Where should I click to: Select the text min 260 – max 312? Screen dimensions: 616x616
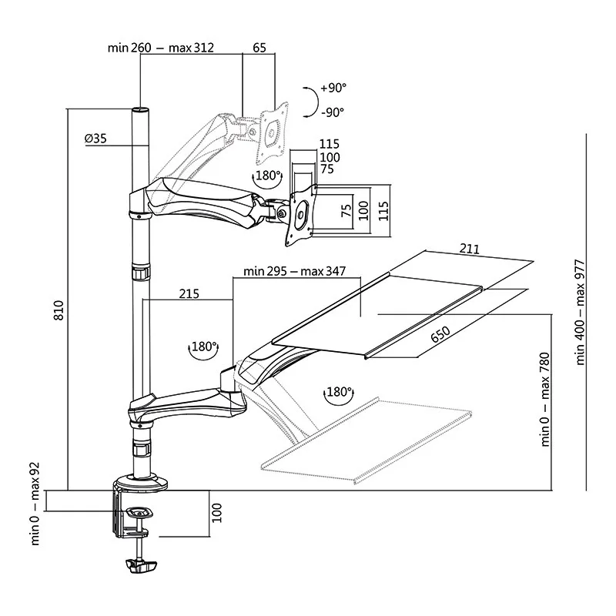click(x=161, y=48)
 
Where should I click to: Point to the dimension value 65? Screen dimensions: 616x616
click(x=259, y=48)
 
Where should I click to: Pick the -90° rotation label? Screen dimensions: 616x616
click(x=333, y=112)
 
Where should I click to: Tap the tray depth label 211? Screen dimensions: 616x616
click(x=470, y=249)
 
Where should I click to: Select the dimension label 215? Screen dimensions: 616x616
click(x=188, y=293)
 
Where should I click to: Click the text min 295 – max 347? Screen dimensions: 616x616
click(x=293, y=271)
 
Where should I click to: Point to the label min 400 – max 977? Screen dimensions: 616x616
click(x=581, y=312)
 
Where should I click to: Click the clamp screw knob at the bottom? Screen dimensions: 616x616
click(x=139, y=566)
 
